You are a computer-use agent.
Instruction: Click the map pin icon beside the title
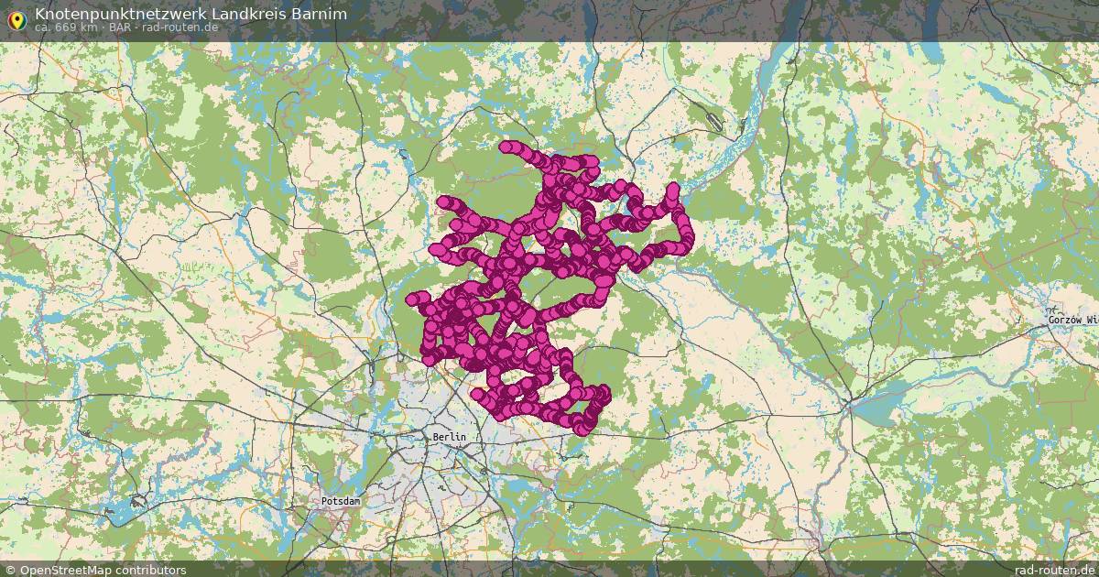[x=15, y=18]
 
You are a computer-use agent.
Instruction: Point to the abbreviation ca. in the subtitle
[x=43, y=27]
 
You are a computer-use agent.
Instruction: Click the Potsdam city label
[x=341, y=502]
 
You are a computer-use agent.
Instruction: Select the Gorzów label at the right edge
[x=1073, y=320]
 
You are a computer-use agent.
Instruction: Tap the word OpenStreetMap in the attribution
[x=67, y=570]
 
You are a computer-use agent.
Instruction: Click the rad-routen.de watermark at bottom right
[x=1054, y=570]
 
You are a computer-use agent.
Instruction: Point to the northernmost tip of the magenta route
[x=506, y=146]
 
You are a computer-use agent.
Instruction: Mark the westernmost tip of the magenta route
[x=412, y=299]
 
